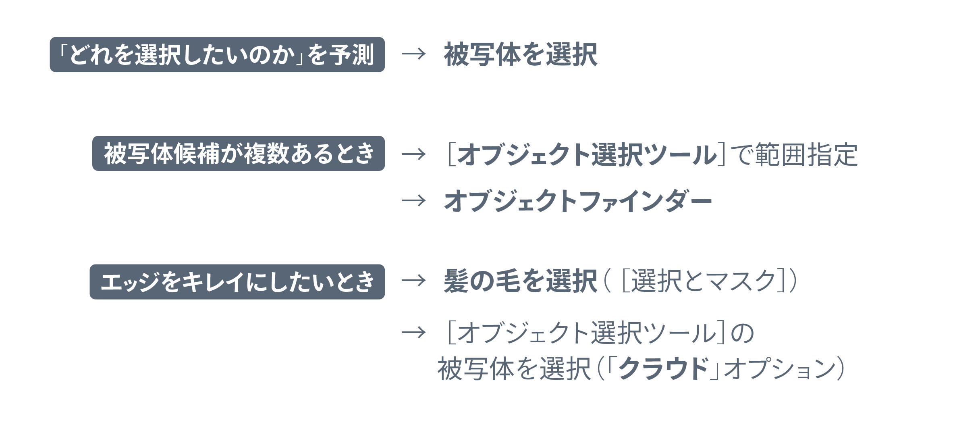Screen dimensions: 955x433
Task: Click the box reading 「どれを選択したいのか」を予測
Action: [x=217, y=54]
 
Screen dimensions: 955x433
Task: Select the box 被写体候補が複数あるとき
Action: [x=239, y=154]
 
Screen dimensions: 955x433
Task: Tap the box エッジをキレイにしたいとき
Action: [x=237, y=282]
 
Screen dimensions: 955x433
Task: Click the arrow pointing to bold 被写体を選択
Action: [x=413, y=54]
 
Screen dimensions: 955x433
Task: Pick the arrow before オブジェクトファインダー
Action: [x=413, y=200]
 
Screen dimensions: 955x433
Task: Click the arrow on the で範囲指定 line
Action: [x=413, y=154]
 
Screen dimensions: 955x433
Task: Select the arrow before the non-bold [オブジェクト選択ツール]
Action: [x=413, y=333]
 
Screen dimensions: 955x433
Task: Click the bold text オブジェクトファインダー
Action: [x=578, y=201]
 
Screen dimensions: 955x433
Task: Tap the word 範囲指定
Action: [x=806, y=154]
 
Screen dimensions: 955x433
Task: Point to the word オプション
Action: [x=780, y=368]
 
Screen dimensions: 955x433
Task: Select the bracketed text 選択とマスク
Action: [x=704, y=281]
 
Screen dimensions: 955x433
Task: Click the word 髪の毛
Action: [x=482, y=281]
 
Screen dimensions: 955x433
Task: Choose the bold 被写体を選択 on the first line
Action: [x=521, y=54]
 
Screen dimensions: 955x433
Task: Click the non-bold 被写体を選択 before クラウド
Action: [x=514, y=368]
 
